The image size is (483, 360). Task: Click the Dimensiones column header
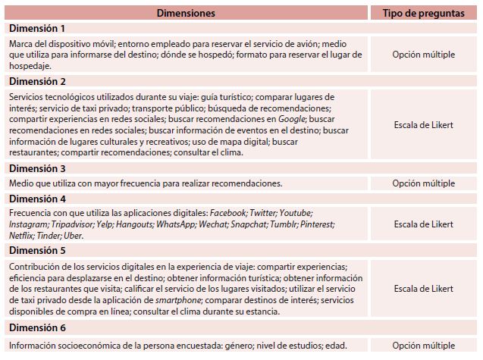[x=187, y=14]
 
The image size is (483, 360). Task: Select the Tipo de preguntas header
[x=424, y=14]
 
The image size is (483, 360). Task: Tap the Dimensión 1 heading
[x=37, y=28]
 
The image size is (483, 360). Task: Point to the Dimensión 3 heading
[x=37, y=168]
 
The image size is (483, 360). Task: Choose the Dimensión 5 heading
[x=37, y=250]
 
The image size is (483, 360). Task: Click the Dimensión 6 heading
[x=37, y=328]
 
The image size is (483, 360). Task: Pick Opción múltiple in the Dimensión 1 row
[x=424, y=55]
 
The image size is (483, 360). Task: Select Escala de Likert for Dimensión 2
[x=424, y=124]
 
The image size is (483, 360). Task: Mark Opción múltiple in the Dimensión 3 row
[x=424, y=183]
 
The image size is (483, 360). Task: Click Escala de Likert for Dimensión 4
[x=424, y=224]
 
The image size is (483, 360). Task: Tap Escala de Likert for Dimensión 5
[x=424, y=289]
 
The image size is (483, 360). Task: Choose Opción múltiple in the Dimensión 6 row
[x=424, y=346]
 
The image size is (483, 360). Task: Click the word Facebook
[x=229, y=214]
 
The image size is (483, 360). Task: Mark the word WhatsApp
[x=172, y=225]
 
